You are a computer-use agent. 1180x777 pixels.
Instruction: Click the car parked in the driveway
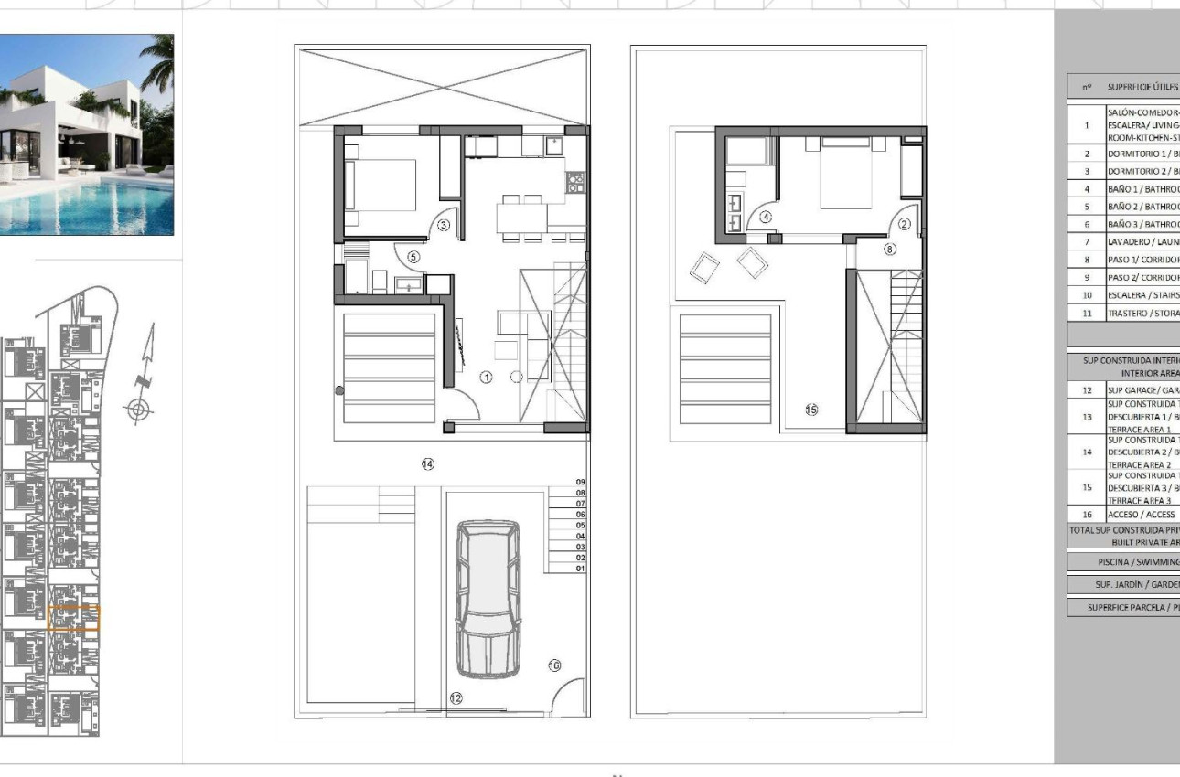[488, 599]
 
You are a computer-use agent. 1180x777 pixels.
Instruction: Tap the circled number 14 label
[427, 464]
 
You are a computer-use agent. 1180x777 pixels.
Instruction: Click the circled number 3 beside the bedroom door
[443, 224]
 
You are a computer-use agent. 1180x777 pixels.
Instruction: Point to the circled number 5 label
[413, 257]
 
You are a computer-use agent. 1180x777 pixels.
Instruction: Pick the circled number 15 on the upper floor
[810, 410]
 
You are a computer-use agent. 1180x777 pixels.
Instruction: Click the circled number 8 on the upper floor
[889, 248]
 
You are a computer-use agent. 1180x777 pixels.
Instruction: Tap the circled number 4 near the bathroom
[766, 217]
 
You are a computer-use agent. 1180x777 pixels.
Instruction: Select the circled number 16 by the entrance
[553, 665]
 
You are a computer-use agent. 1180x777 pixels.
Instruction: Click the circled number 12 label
[456, 698]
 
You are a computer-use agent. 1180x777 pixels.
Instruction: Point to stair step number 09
[580, 482]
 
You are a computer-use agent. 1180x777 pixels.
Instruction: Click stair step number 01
[580, 569]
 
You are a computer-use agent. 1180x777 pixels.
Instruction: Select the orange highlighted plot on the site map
[73, 618]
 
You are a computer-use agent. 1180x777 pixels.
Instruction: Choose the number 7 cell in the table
[1086, 242]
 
